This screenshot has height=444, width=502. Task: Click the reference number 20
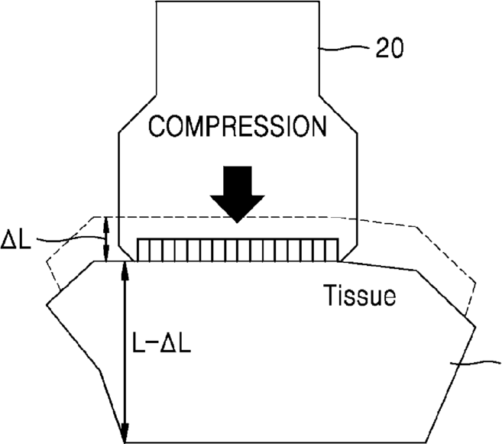click(x=389, y=48)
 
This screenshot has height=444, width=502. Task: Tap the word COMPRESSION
click(x=238, y=127)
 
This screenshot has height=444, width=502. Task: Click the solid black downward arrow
click(x=237, y=194)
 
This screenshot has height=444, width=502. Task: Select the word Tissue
click(x=359, y=295)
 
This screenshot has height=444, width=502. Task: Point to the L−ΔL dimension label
click(x=162, y=343)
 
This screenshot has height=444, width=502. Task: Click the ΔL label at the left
click(x=16, y=239)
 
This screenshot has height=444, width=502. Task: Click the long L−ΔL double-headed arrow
click(x=125, y=352)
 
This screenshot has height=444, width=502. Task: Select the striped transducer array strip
click(x=238, y=250)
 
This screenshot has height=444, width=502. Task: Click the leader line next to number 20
click(x=345, y=48)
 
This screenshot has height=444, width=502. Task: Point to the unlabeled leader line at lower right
click(x=475, y=363)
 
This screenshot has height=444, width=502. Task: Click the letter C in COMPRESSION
click(x=157, y=127)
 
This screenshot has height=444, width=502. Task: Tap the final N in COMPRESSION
click(x=319, y=127)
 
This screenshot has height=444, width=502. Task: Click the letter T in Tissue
click(x=331, y=294)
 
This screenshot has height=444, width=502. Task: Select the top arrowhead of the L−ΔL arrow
click(x=125, y=269)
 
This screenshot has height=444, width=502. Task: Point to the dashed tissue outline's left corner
click(x=47, y=260)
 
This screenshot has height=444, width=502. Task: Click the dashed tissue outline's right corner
click(x=475, y=283)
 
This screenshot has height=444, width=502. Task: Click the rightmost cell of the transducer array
click(x=332, y=250)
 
